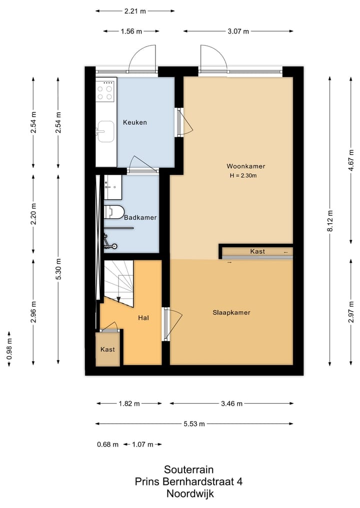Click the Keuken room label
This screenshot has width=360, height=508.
[135, 122]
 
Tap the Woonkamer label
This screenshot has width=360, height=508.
[245, 166]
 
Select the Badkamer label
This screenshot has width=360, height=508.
[140, 218]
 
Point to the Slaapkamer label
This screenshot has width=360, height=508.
[230, 313]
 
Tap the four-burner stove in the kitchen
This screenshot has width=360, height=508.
[105, 92]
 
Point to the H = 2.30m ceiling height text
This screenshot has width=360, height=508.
[245, 176]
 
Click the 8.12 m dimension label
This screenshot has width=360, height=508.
[330, 221]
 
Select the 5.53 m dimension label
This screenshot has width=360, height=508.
[194, 424]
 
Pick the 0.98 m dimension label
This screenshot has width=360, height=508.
[9, 348]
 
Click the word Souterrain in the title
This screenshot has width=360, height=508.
[188, 470]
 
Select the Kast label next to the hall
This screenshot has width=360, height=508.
[107, 350]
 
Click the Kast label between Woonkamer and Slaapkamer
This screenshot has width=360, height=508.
[257, 252]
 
